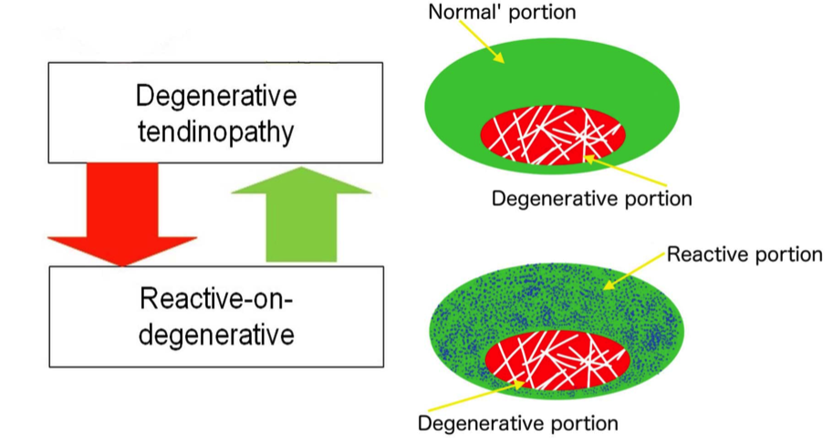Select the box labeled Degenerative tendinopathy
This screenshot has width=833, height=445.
point(215,112)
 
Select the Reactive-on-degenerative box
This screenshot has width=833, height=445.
point(215,315)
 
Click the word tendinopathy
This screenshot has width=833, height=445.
point(215,132)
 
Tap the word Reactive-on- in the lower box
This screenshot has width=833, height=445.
point(215,297)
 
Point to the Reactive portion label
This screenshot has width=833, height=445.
point(744,254)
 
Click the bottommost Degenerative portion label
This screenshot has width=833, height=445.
point(517,423)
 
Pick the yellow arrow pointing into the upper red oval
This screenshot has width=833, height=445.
point(612,172)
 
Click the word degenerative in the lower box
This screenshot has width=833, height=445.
point(215,335)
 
